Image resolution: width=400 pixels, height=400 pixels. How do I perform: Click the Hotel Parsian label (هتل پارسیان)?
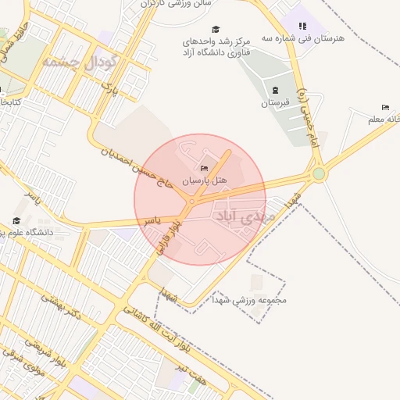204,180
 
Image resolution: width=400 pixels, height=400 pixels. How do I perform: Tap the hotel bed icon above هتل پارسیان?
205,168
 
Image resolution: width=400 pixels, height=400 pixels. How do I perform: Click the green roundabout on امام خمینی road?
319,173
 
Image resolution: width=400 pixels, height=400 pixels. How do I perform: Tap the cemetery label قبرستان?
276,102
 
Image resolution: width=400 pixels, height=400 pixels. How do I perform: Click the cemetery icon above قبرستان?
276,90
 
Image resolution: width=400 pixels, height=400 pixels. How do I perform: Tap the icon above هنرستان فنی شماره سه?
302,26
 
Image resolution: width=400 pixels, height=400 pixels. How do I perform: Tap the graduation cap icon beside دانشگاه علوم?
16,222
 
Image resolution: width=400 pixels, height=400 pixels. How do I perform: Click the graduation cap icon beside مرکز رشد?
216,29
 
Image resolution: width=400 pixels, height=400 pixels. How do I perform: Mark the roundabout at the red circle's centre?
191,202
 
